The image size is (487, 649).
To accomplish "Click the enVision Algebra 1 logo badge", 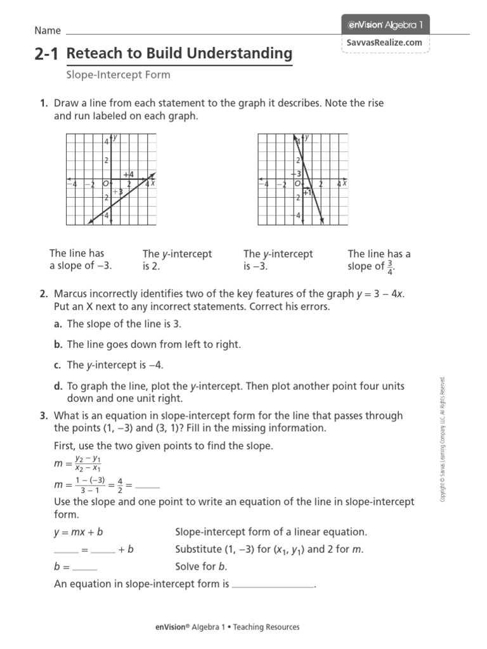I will click(386, 25).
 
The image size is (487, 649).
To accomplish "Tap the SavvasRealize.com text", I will click(385, 42).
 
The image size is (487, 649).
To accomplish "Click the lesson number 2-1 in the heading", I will click(48, 55).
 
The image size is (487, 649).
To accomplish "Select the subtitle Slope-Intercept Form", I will click(118, 75).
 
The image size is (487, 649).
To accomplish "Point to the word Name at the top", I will click(48, 30).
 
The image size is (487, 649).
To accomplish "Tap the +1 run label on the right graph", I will click(308, 192).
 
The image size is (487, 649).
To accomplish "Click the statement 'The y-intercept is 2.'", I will click(177, 260).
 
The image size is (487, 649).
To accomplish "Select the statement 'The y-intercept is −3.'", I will click(278, 260).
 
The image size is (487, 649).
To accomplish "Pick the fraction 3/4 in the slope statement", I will click(390, 267).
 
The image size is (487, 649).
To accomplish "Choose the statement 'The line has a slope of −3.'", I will click(81, 260).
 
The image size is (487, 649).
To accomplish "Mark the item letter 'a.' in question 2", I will click(58, 324).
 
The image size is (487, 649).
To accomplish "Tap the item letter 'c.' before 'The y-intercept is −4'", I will click(58, 365).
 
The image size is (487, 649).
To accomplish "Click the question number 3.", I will click(43, 416).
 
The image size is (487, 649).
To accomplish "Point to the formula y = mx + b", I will click(79, 532).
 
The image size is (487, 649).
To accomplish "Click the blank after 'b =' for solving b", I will click(85, 567).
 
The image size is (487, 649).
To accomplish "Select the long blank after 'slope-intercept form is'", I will click(273, 584).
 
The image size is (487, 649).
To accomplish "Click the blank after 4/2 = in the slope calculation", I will click(147, 485).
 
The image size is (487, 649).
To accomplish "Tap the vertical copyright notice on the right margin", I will click(443, 440).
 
